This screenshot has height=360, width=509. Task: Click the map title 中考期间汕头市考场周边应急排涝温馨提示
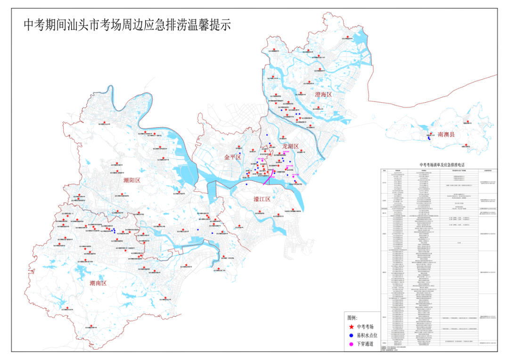pyautogui.click(x=127, y=25)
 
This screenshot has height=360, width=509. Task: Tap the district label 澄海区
pyautogui.click(x=323, y=95)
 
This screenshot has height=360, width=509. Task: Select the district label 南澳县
pyautogui.click(x=446, y=134)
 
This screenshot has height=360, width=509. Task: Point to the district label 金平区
pyautogui.click(x=232, y=157)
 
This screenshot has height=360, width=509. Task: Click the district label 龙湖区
pyautogui.click(x=290, y=147)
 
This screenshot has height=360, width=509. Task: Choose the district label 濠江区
pyautogui.click(x=262, y=199)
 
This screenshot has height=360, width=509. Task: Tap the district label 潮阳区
pyautogui.click(x=132, y=180)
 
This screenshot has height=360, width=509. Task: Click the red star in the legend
pyautogui.click(x=351, y=326)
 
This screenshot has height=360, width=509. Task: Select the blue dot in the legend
pyautogui.click(x=351, y=335)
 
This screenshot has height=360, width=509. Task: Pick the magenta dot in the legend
pyautogui.click(x=351, y=344)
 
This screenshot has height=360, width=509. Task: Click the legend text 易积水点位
pyautogui.click(x=367, y=335)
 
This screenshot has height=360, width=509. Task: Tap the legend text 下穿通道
pyautogui.click(x=365, y=344)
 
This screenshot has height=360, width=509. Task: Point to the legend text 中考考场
pyautogui.click(x=365, y=326)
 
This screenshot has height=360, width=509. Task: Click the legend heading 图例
pyautogui.click(x=353, y=317)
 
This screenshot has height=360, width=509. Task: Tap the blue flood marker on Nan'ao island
pyautogui.click(x=429, y=139)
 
